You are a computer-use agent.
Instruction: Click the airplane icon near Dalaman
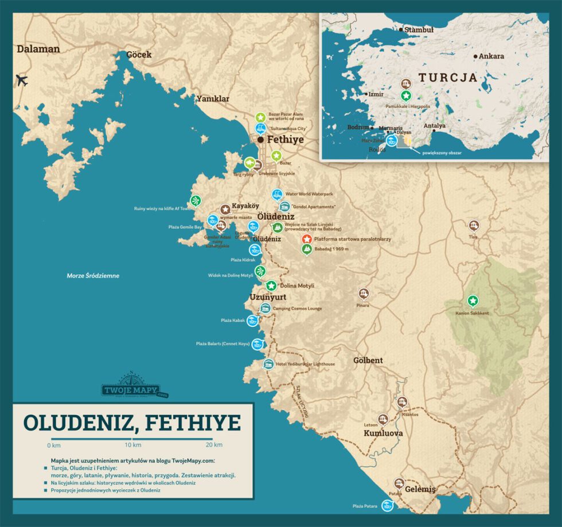coord(22,80)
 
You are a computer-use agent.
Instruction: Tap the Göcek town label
coord(139,55)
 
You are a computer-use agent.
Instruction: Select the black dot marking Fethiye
coord(260,139)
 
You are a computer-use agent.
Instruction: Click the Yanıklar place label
coord(213,99)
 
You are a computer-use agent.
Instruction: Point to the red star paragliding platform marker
coord(307,239)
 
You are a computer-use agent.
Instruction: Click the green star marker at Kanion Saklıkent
coord(472,300)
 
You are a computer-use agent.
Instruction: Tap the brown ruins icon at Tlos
coord(473,225)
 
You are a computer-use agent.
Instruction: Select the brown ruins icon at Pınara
coord(364,294)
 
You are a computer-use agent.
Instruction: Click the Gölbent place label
coord(368,361)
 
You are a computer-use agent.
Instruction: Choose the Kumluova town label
coord(383,434)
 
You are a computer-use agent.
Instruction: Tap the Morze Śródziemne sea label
coord(93,276)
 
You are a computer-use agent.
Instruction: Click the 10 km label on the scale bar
coord(132,445)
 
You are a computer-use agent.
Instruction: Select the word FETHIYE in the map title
coord(194,422)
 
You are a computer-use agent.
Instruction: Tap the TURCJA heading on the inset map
coord(447,77)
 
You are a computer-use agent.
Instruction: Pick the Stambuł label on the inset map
coord(419,29)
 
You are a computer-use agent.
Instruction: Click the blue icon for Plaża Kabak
coord(252,321)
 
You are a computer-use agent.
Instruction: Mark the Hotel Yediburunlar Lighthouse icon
coord(268,364)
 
